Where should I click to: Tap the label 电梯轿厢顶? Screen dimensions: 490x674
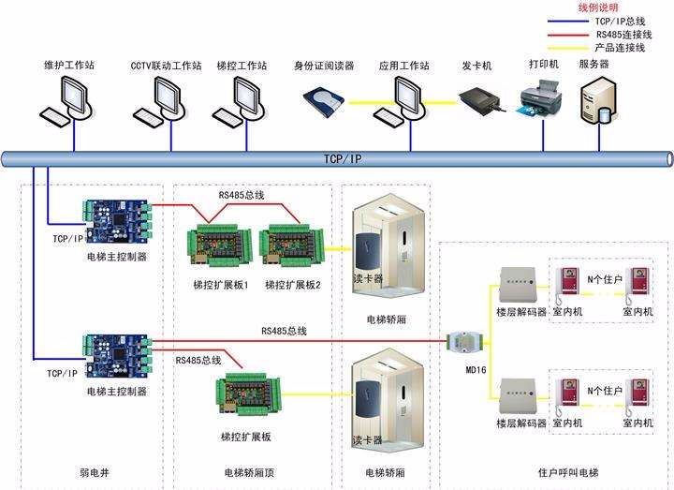[x=247, y=473]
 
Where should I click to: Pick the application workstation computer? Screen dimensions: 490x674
[x=403, y=98]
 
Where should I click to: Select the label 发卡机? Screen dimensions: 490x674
[x=476, y=66]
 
